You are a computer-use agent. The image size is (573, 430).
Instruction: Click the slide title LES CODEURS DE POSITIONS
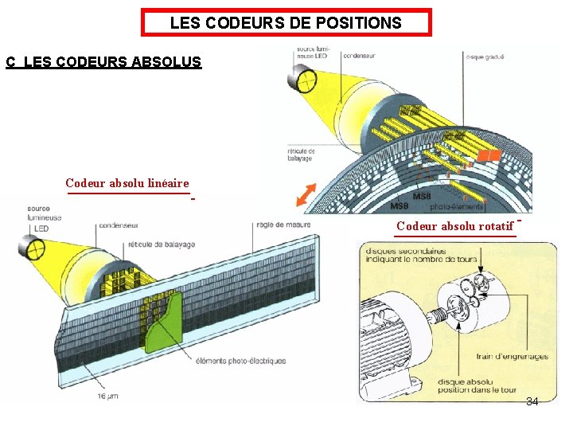(x=286, y=23)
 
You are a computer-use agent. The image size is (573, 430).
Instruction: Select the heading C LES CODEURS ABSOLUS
(x=103, y=61)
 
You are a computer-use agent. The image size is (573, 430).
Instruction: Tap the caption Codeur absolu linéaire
(x=127, y=183)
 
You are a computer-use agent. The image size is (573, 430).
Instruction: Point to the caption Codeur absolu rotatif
(x=454, y=226)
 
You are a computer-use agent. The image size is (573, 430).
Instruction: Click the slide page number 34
(x=532, y=401)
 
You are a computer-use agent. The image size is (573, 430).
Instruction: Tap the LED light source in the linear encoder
(x=35, y=249)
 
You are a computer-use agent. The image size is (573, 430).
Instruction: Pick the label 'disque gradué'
(x=485, y=57)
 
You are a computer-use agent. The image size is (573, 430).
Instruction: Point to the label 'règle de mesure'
(x=283, y=225)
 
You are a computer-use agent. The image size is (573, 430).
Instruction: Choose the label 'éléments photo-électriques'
(x=240, y=361)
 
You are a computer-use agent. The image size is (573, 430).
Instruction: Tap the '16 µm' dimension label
(x=108, y=396)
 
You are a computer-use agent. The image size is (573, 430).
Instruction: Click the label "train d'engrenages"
(x=512, y=356)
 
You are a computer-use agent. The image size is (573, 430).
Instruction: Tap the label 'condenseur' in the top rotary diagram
(x=361, y=57)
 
